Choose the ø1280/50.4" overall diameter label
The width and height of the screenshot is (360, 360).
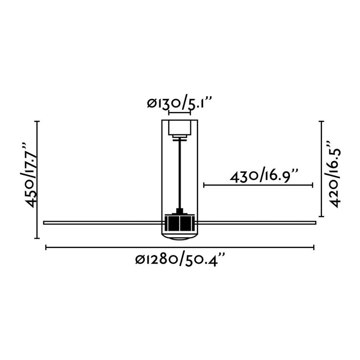point(180,260)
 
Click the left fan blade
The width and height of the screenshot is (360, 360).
point(103,222)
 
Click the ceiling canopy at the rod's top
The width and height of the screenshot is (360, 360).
point(180,128)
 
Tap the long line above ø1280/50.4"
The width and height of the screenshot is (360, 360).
point(180,248)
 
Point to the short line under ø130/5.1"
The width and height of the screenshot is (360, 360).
point(180,112)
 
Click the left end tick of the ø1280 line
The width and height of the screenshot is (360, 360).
point(46,248)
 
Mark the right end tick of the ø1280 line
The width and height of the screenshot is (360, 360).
point(313,248)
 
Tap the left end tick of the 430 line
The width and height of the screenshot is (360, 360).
point(204,185)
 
